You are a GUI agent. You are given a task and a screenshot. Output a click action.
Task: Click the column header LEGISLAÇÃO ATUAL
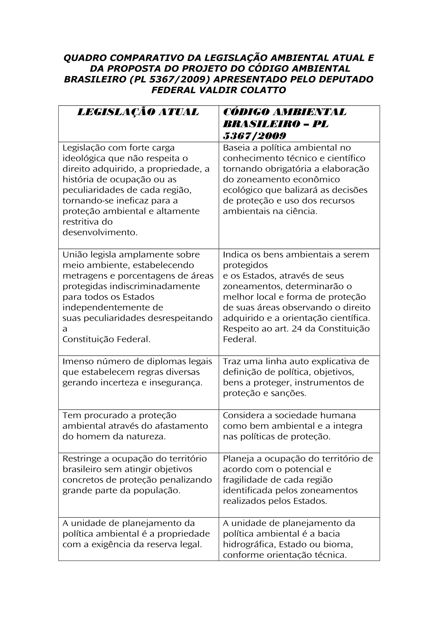[x=138, y=112]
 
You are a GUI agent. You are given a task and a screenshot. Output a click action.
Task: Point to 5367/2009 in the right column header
[x=254, y=136]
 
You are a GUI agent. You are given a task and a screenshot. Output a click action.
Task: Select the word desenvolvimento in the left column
[x=100, y=232]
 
